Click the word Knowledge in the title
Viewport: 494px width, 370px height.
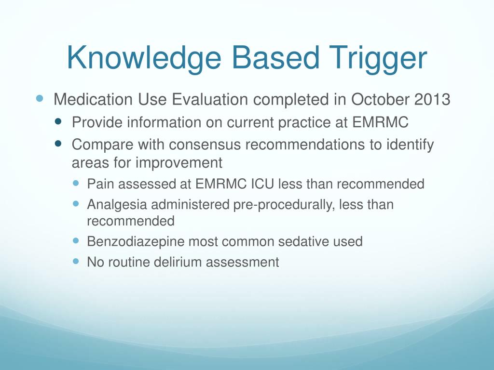point(144,59)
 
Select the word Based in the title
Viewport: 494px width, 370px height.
point(275,58)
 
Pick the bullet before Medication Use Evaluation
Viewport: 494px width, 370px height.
point(40,98)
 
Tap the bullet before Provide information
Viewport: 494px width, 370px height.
point(58,121)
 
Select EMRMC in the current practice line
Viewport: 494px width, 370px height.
point(380,122)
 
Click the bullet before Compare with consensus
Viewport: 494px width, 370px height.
point(58,144)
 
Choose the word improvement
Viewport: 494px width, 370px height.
point(179,163)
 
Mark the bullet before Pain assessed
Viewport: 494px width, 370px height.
point(76,183)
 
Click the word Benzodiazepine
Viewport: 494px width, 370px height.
point(136,242)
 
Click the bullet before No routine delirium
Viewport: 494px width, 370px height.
point(76,261)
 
